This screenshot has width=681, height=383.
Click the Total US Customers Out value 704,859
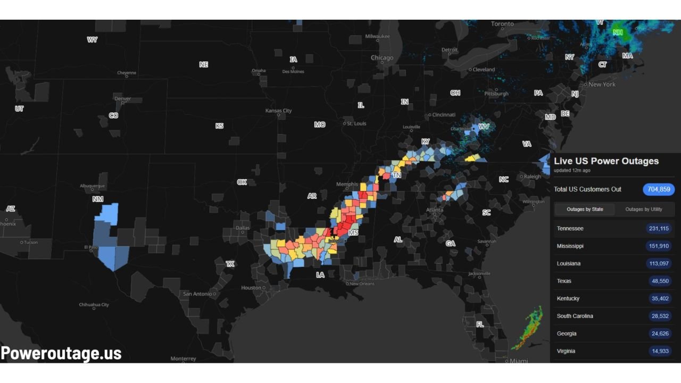659,189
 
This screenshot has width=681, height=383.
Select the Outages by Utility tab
644,209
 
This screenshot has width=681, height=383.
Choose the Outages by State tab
585,209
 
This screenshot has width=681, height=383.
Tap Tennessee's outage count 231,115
660,228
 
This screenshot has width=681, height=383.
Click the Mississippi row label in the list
570,246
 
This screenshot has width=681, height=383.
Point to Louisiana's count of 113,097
660,263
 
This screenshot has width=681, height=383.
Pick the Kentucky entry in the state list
568,298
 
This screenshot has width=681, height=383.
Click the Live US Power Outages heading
606,161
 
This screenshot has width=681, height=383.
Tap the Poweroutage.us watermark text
61,353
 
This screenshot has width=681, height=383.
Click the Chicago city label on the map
382,58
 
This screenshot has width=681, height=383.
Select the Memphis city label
347,185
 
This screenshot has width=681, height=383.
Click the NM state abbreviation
98,199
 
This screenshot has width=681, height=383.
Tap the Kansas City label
279,111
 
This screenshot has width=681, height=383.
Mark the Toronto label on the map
502,24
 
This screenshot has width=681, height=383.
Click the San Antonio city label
197,294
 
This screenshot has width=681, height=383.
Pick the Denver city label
122,98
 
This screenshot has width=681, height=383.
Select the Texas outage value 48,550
660,281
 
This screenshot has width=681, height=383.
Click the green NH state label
618,32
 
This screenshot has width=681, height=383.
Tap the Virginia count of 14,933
660,351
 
